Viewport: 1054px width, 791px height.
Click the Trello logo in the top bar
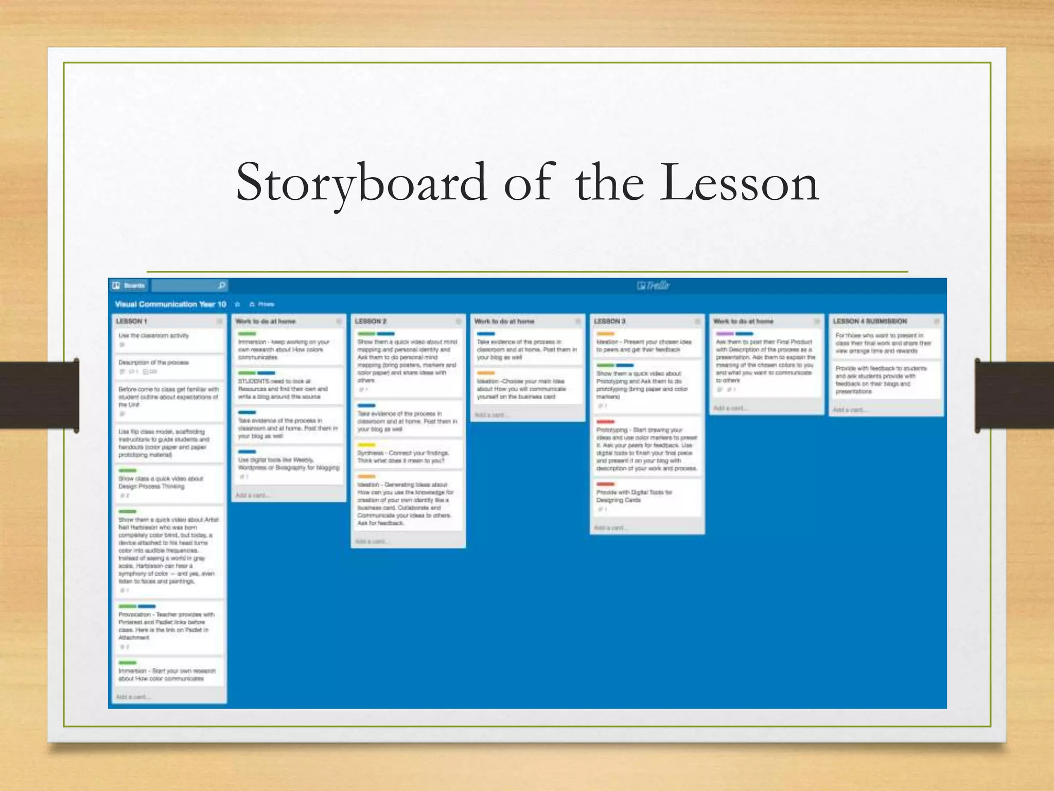click(653, 285)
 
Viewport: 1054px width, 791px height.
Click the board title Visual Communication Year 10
click(170, 304)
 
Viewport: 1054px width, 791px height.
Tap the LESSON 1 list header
click(132, 321)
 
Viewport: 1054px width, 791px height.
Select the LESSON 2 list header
click(371, 321)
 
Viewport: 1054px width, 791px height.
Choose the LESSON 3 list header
click(609, 321)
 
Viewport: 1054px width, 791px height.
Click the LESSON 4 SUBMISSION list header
click(870, 321)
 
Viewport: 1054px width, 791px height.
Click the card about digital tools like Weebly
click(288, 464)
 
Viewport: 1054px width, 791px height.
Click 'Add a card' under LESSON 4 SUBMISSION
click(849, 410)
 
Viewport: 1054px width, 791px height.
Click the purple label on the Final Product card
click(725, 334)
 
